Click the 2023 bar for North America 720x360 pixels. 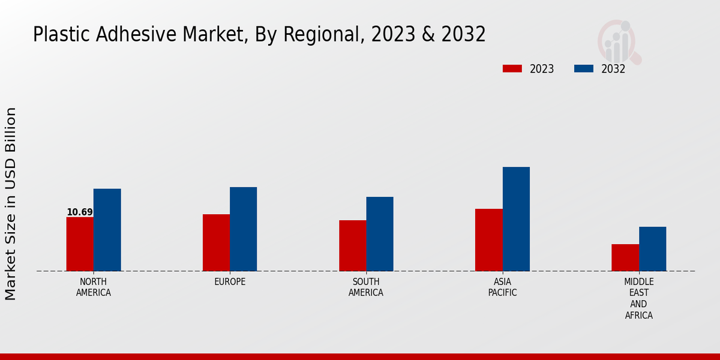80,244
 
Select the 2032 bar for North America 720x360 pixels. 107,230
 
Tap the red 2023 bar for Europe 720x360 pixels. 216,242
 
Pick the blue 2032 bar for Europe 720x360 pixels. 243,229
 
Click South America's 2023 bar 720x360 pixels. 352,245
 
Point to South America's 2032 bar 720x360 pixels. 380,234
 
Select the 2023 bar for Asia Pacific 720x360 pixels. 488,240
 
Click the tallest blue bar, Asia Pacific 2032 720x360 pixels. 516,219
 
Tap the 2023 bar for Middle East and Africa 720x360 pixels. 625,257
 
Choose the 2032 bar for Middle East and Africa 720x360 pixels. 652,249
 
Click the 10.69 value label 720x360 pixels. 80,212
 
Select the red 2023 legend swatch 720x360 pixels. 512,68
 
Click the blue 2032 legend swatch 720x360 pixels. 584,68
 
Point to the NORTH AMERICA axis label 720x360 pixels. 94,287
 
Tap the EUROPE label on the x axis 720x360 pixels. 230,282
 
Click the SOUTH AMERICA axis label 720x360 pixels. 366,287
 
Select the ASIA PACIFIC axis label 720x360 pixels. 502,287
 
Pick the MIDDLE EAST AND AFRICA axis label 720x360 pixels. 638,298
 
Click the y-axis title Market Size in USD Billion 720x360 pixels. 11,204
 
